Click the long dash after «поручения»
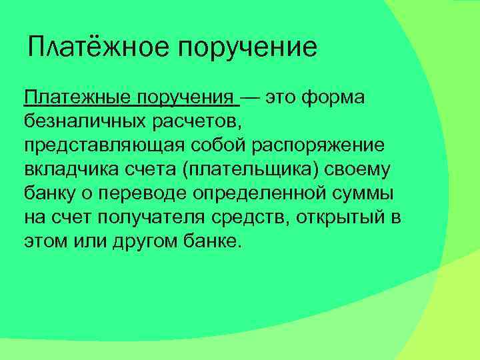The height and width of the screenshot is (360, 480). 251,98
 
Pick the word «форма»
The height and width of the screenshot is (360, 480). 333,98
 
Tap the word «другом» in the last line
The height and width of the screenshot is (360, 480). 146,242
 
